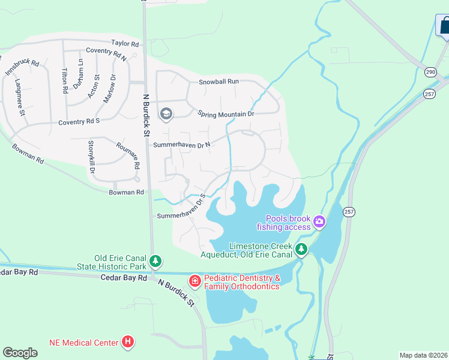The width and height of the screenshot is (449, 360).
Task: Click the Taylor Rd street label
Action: coord(125,44)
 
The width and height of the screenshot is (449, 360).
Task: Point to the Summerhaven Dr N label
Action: coord(182,145)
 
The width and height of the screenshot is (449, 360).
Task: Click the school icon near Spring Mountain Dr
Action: coord(166,113)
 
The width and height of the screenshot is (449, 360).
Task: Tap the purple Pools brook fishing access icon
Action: coord(319,222)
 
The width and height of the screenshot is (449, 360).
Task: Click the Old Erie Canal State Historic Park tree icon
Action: coord(155,261)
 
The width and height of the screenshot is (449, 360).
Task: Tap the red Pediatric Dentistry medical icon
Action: coord(195,281)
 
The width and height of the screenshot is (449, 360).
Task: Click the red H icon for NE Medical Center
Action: coord(127,343)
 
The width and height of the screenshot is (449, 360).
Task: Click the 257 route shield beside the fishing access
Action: coord(349,212)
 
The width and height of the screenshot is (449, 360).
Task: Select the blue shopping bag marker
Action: coord(444,26)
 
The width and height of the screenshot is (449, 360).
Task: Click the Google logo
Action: coord(20,353)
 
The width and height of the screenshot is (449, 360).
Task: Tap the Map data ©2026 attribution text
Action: coord(423,355)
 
